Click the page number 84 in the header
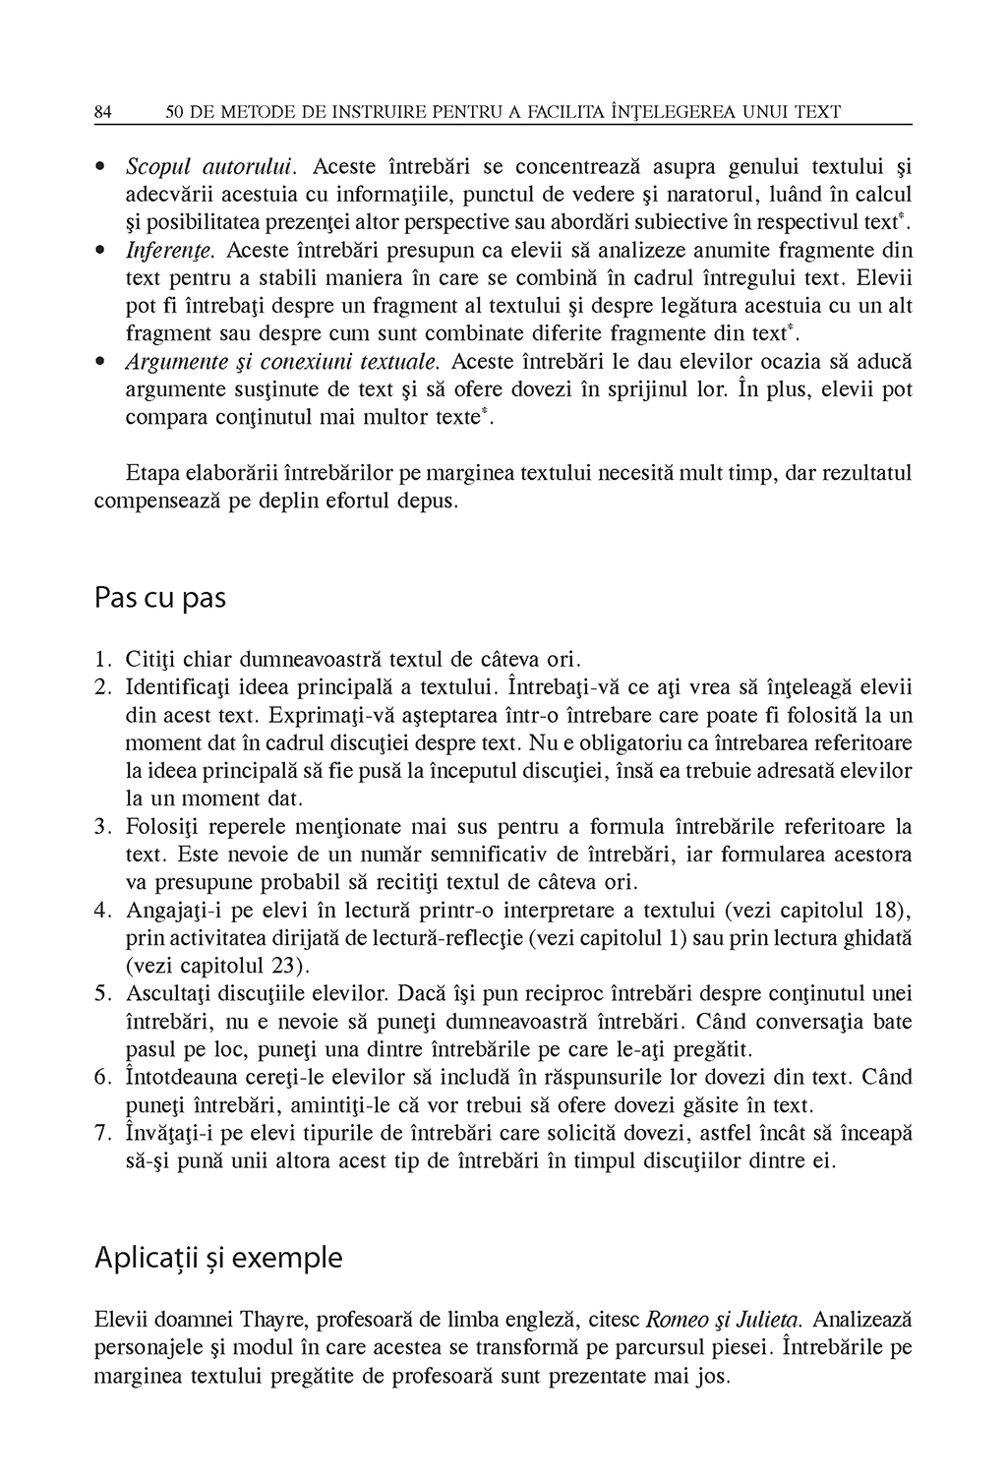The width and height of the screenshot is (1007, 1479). [x=102, y=113]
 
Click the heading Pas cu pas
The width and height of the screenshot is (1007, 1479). [x=160, y=598]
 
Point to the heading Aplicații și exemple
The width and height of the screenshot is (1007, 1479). [x=218, y=1258]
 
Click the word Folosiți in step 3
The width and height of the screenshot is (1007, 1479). [x=162, y=825]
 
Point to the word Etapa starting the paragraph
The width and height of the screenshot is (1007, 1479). [x=150, y=474]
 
